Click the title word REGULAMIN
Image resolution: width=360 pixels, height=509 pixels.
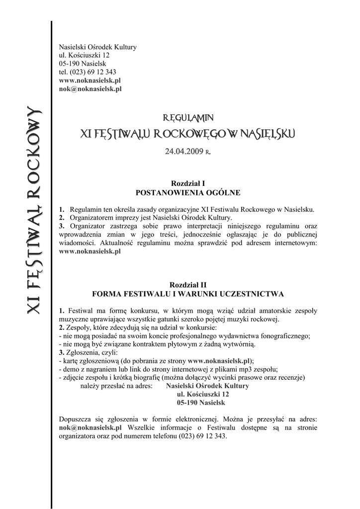[x=188, y=118]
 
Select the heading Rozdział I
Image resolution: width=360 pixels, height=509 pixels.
[x=188, y=183]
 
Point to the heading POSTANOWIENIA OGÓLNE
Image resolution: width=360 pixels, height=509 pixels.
[x=188, y=192]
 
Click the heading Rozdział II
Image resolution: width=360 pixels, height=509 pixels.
[x=188, y=285]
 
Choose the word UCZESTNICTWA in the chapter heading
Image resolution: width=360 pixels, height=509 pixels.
[x=254, y=293]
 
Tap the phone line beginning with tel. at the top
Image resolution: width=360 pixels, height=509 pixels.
[x=88, y=72]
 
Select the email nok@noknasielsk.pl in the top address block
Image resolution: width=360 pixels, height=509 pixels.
[x=90, y=89]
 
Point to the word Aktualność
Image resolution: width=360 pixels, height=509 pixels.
[x=118, y=243]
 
